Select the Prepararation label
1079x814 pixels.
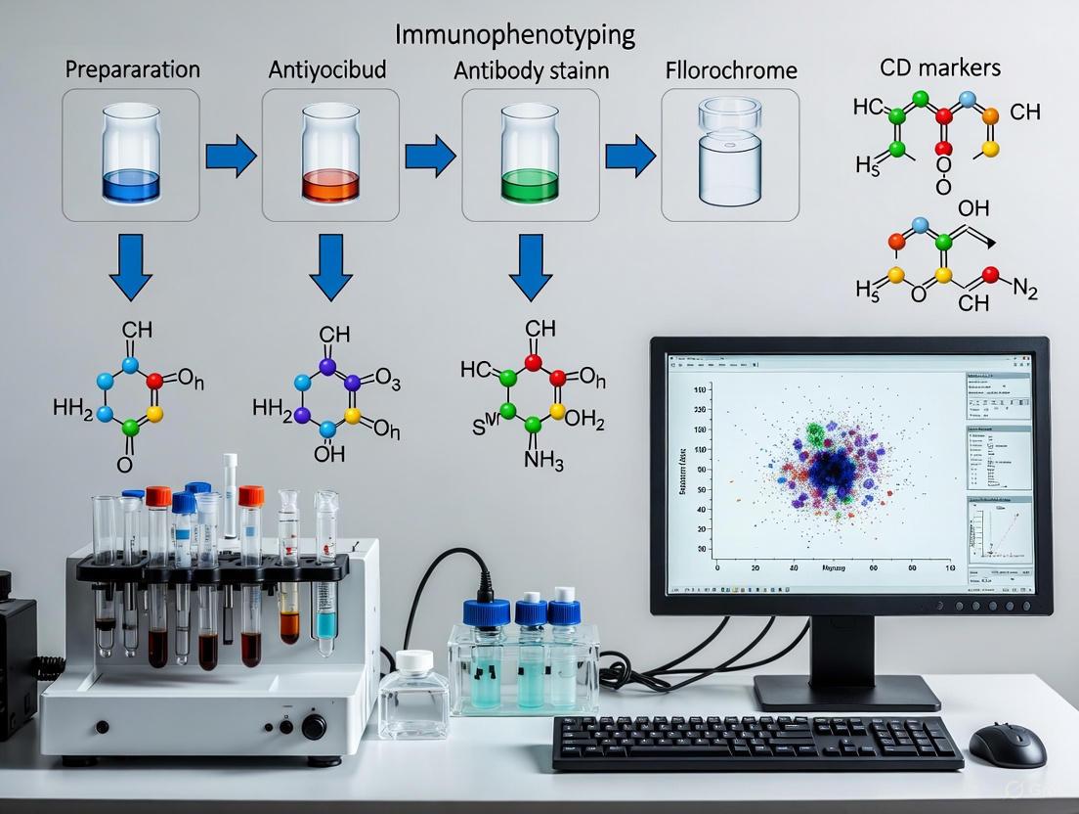[x=132, y=70]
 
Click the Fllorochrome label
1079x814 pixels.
[x=730, y=71]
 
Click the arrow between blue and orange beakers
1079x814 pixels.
[x=230, y=157]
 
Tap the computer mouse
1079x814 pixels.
[x=1007, y=745]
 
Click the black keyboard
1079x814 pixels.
[x=756, y=743]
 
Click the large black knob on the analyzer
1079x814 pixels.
[x=314, y=727]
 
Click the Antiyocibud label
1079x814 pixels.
[x=326, y=71]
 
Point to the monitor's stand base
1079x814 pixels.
[x=846, y=693]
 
